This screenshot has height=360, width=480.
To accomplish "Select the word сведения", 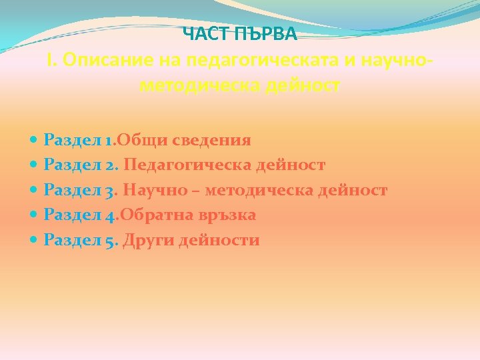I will tap(212, 140).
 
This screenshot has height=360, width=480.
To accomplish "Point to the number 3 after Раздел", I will tap(109, 191).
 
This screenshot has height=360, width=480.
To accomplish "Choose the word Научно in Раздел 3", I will tap(161, 190).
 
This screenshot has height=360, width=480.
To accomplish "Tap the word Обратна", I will tap(152, 215).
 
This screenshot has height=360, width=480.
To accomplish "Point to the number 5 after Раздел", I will tap(109, 240).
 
